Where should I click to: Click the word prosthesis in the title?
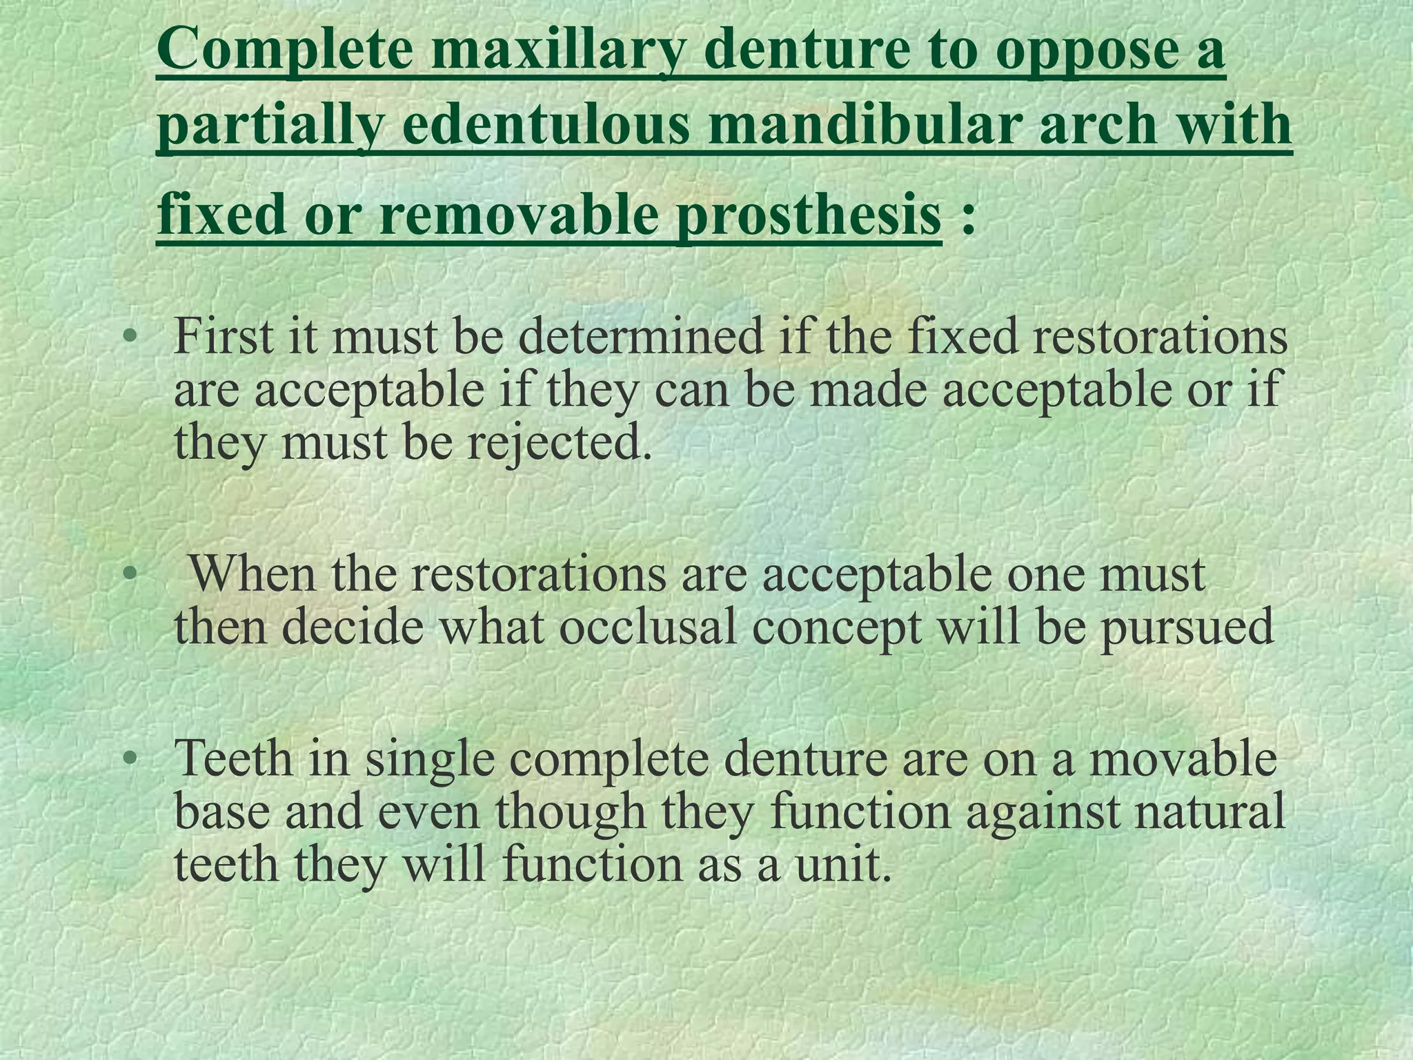[807, 214]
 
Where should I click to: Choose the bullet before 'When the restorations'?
[129, 574]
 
